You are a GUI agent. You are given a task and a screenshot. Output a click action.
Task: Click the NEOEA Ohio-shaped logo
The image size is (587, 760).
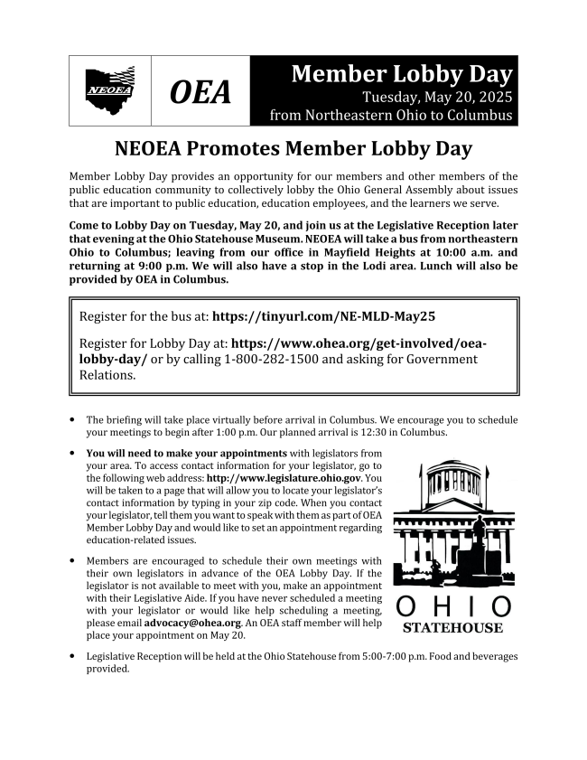tap(109, 90)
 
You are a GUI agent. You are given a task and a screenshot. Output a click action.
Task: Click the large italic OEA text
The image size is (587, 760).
tap(200, 92)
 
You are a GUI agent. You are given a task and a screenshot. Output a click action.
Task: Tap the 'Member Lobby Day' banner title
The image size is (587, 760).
tap(401, 74)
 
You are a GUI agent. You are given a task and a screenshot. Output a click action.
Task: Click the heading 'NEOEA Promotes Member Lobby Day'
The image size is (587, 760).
tap(293, 148)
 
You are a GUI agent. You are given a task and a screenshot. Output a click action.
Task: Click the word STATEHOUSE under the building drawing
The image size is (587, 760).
tap(453, 629)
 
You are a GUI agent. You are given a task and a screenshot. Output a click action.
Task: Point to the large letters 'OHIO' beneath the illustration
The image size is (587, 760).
tap(453, 606)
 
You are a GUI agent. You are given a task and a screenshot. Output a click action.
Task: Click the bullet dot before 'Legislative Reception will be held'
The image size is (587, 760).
tap(72, 657)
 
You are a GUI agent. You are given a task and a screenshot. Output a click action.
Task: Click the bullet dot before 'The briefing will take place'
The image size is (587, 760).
tap(72, 420)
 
